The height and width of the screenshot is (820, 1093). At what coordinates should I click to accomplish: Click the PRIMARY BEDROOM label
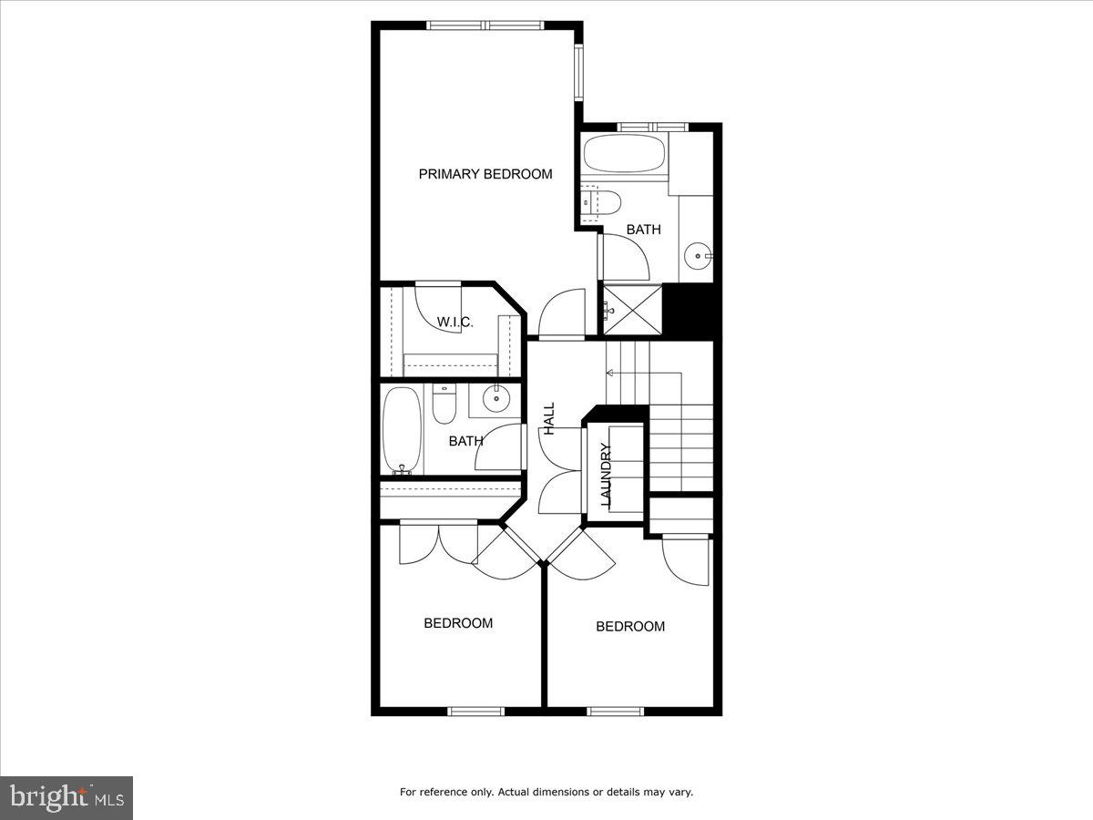pyautogui.click(x=485, y=174)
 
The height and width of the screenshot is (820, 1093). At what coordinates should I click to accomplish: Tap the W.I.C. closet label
pyautogui.click(x=455, y=322)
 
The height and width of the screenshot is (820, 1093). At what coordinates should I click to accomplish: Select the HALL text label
pyautogui.click(x=549, y=419)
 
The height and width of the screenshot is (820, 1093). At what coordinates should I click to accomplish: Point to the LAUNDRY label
pyautogui.click(x=607, y=474)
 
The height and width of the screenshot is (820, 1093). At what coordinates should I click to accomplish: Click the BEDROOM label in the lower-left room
pyautogui.click(x=458, y=623)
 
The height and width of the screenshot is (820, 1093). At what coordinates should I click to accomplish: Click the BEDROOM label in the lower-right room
pyautogui.click(x=630, y=626)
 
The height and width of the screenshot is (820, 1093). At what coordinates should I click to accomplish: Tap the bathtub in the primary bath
pyautogui.click(x=624, y=154)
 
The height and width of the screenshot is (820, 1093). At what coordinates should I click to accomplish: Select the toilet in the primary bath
pyautogui.click(x=606, y=202)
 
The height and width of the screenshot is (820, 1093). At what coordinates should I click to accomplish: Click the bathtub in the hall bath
pyautogui.click(x=402, y=430)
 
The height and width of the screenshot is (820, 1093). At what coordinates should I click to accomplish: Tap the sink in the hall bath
pyautogui.click(x=495, y=397)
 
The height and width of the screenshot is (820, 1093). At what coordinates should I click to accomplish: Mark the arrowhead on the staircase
pyautogui.click(x=609, y=372)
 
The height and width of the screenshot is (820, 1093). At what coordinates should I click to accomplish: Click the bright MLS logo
pyautogui.click(x=66, y=797)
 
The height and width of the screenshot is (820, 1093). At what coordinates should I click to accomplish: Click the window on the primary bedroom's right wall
pyautogui.click(x=578, y=72)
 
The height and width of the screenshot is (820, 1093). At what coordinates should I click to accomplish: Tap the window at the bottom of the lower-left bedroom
pyautogui.click(x=475, y=711)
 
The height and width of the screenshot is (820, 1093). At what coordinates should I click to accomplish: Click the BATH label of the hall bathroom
pyautogui.click(x=465, y=441)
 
